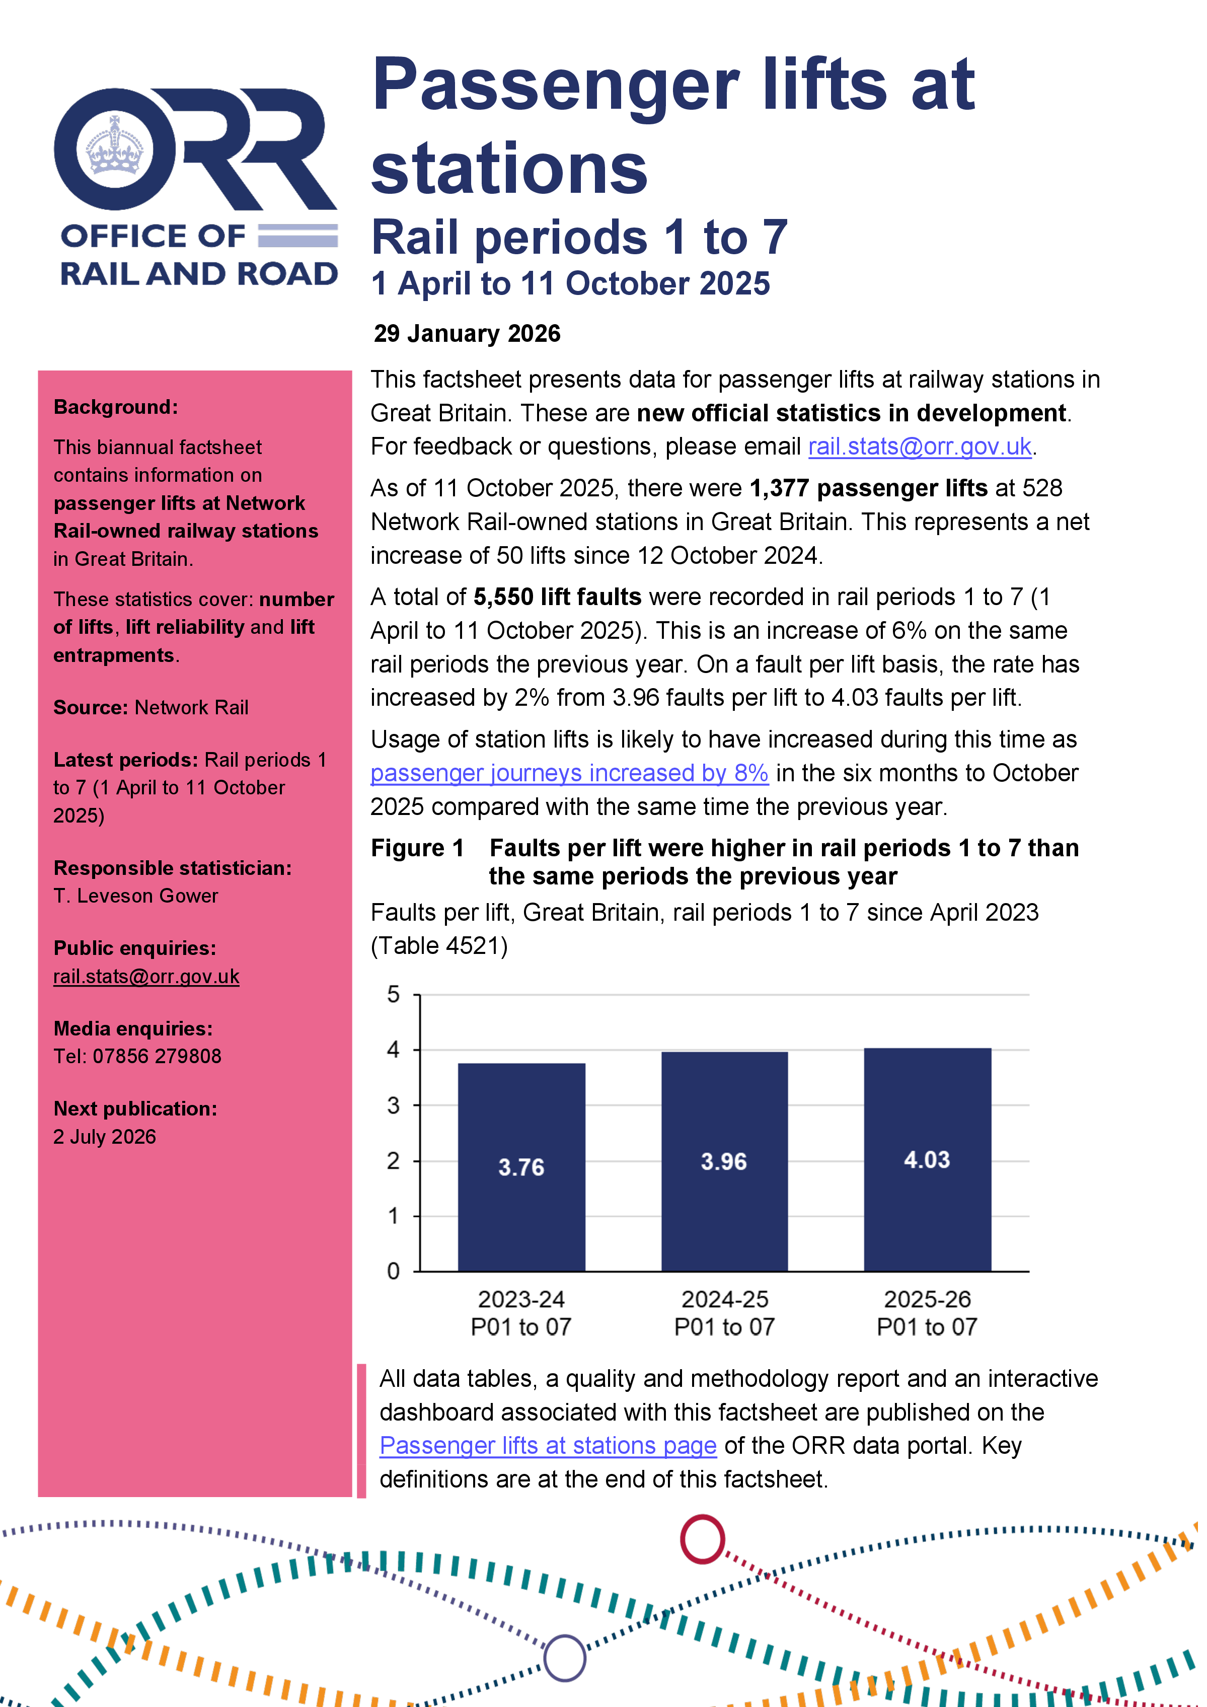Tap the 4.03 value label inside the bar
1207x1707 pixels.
[926, 1159]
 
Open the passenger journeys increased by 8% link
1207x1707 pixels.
[569, 773]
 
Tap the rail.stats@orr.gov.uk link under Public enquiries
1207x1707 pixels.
[146, 976]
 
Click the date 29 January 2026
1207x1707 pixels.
[467, 333]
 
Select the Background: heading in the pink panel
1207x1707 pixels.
[115, 407]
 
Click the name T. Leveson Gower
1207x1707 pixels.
[136, 896]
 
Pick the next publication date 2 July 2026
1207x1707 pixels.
[105, 1137]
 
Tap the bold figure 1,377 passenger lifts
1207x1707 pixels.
[868, 488]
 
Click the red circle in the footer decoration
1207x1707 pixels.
[702, 1539]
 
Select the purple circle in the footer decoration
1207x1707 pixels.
[565, 1657]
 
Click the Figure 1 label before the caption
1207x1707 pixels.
[417, 848]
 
